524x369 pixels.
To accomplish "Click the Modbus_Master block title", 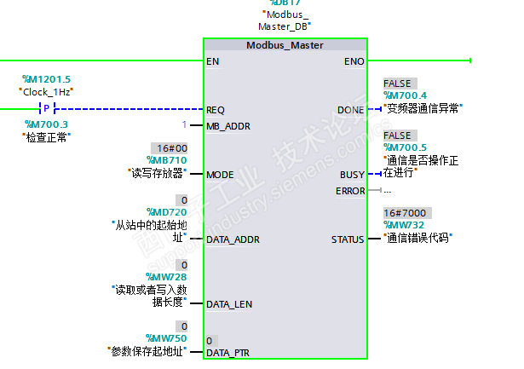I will click(x=285, y=45).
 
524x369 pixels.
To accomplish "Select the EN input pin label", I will click(x=212, y=61).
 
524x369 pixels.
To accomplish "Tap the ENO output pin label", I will click(x=354, y=61).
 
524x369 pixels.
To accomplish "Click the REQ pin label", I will click(x=216, y=109).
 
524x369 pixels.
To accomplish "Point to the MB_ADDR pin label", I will click(x=228, y=126).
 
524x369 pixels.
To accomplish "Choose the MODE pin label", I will click(x=220, y=174).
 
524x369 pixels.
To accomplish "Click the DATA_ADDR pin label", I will click(x=233, y=239).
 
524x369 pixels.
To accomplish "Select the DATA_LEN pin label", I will click(x=229, y=303).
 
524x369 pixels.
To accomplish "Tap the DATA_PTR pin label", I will click(x=229, y=352).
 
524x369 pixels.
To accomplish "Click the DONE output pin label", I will click(x=350, y=109).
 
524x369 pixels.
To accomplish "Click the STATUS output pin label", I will click(x=348, y=239).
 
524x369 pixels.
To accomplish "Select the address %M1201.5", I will click(x=46, y=79).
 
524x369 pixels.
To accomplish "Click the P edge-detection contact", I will click(x=48, y=109).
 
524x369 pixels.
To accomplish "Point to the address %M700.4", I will click(x=406, y=95).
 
